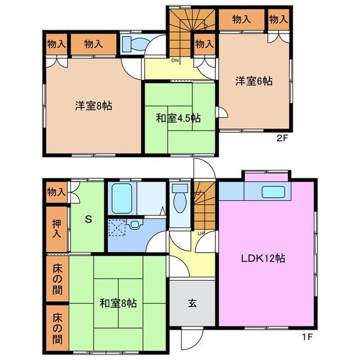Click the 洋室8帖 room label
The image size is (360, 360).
(94, 106)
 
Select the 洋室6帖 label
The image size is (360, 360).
(254, 81)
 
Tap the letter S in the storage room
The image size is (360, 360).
(88, 219)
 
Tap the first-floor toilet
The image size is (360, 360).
(179, 200)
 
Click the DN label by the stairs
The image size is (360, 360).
(175, 61)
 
